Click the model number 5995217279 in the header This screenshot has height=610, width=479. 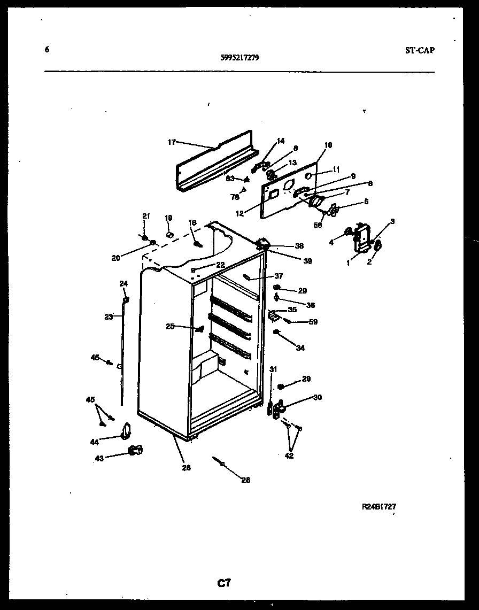pos(239,59)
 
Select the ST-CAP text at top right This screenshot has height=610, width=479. pos(420,51)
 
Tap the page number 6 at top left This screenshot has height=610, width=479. pos(47,50)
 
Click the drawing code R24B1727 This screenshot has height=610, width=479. pos(378,506)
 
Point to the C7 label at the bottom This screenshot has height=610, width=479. pos(224,583)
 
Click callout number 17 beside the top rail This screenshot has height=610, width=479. pos(172,142)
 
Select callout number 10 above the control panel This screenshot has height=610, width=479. pos(328,145)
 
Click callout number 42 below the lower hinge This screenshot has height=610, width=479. pos(289,456)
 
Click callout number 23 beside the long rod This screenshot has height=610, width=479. pos(109,316)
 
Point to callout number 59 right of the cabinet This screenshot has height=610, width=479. pos(313,322)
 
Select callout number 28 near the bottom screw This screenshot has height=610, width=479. pos(245,480)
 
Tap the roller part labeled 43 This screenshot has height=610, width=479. pos(135,450)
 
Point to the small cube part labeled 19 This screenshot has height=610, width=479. pos(170,234)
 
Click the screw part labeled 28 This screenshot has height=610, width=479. pos(219,461)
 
